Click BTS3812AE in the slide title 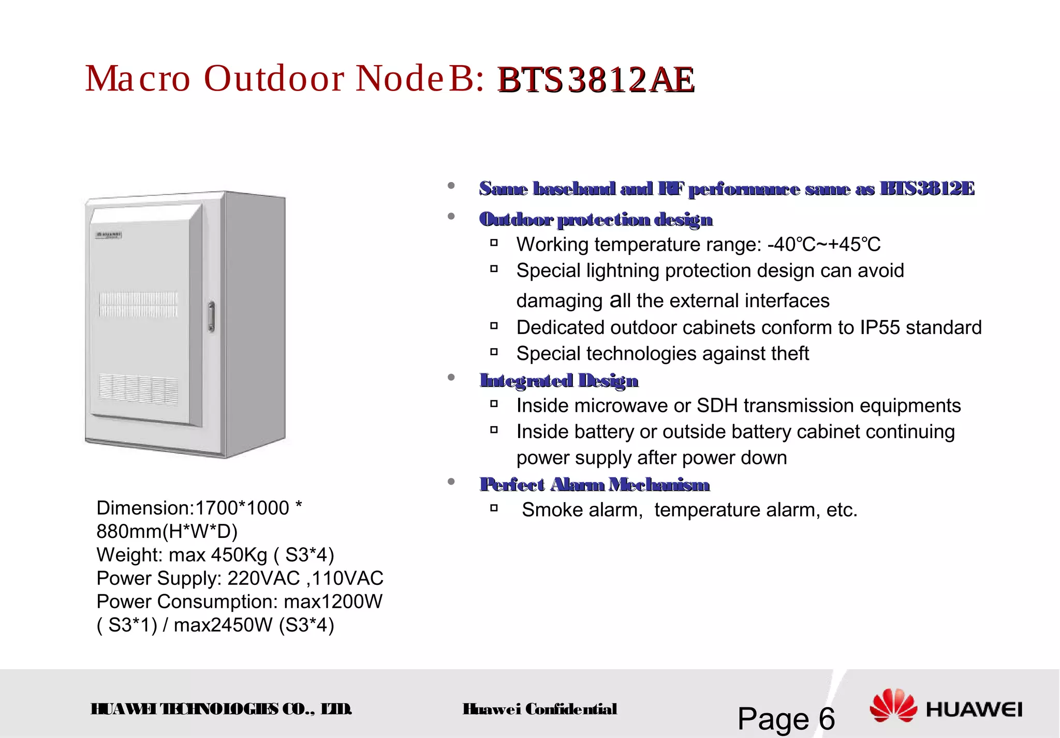(596, 80)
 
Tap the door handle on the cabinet (211, 316)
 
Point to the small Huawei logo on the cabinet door (109, 235)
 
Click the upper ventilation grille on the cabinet (138, 304)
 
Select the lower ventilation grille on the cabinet (138, 389)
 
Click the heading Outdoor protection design (596, 220)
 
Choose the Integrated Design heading (559, 381)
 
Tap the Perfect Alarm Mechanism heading (595, 485)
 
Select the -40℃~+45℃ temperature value (824, 245)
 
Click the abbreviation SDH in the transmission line (717, 406)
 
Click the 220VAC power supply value (263, 578)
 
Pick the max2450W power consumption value (223, 625)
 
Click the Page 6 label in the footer (786, 718)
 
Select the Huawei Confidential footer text (540, 709)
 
